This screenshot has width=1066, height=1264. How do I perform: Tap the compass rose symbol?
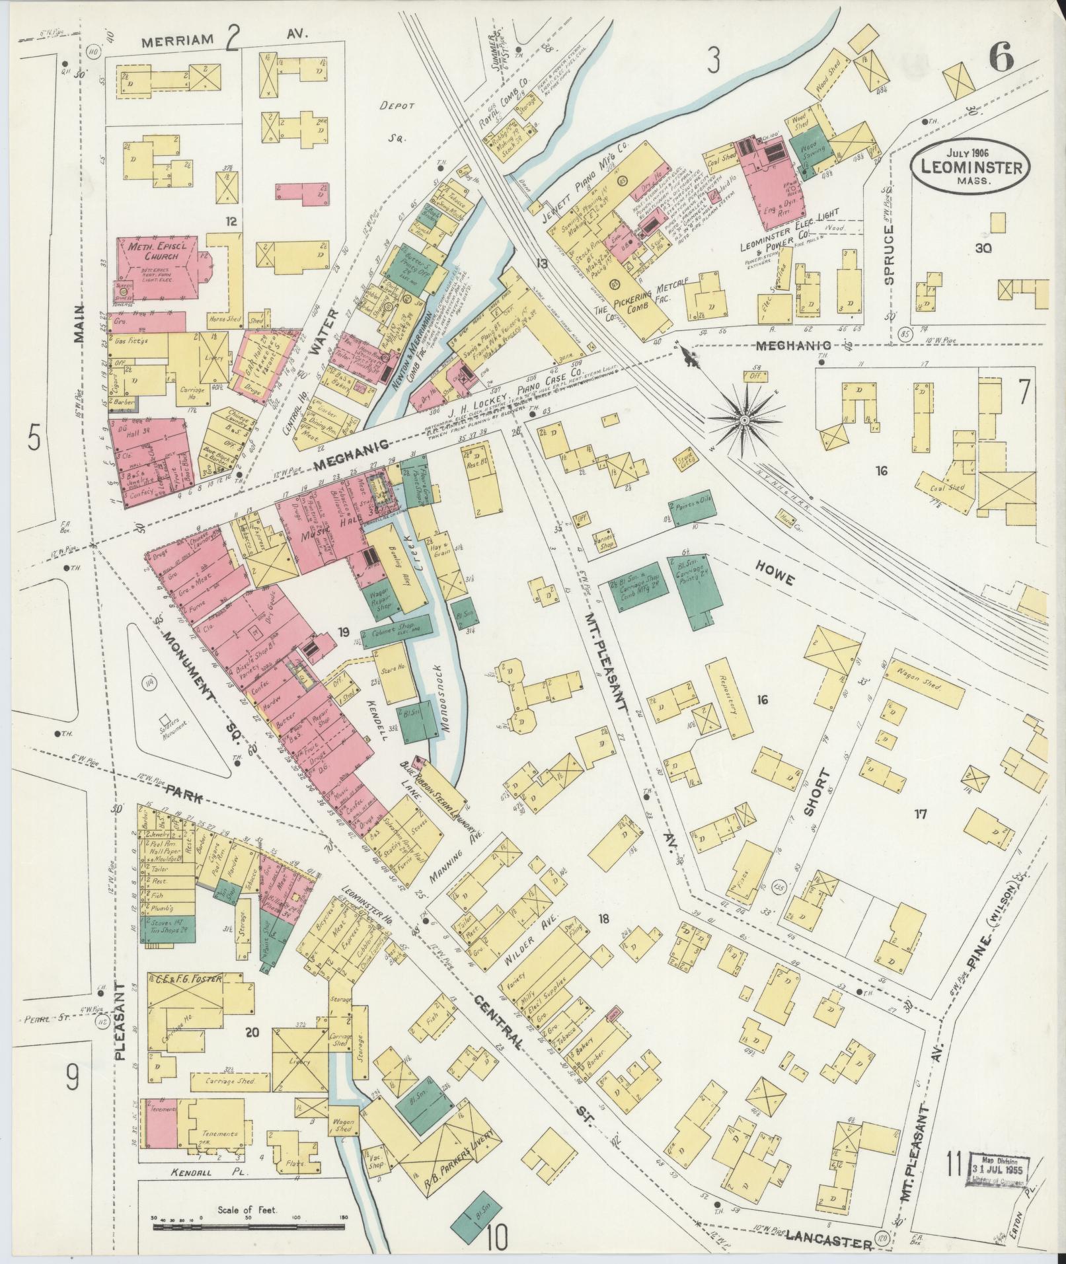coord(745,420)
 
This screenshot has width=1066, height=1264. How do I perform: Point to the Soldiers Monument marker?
coord(165,722)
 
